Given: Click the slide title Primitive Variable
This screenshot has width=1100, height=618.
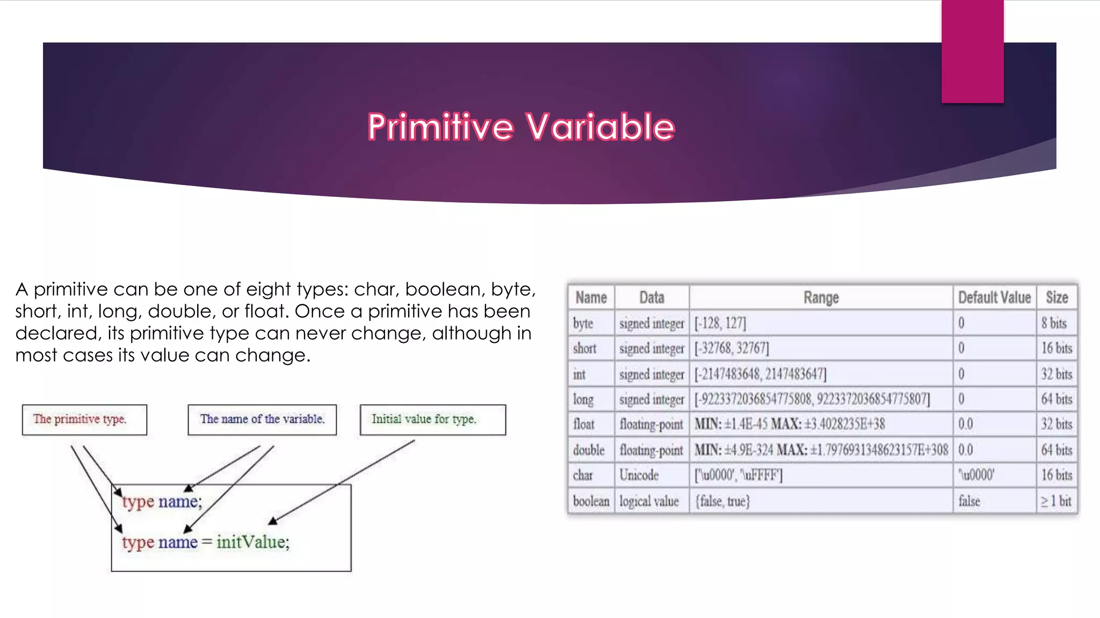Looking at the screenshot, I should click(x=521, y=127).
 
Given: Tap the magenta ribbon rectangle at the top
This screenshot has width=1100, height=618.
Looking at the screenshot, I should click(x=972, y=51).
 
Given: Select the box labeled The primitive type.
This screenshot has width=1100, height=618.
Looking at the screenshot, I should click(x=84, y=420).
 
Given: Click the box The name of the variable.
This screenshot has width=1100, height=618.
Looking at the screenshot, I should click(x=262, y=420).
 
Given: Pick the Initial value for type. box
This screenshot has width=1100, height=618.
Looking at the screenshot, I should click(x=432, y=420).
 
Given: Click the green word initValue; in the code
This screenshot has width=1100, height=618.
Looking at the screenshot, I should click(x=253, y=542).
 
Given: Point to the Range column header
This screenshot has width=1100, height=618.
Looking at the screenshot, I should click(x=821, y=297).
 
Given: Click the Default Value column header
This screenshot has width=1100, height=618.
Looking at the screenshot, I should click(x=994, y=297).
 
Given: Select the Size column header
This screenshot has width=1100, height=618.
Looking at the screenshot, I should click(x=1056, y=297).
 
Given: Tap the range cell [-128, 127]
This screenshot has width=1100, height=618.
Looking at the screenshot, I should click(x=720, y=323).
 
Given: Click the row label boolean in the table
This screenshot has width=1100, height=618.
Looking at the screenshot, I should click(x=591, y=501).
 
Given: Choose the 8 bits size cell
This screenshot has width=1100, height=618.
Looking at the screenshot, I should click(x=1054, y=323).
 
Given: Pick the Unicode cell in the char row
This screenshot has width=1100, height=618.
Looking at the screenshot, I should click(x=639, y=475).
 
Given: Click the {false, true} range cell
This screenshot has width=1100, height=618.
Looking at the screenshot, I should click(x=722, y=501).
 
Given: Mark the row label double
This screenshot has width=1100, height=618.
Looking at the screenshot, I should click(x=589, y=450).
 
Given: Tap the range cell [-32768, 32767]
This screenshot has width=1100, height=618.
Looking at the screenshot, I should click(x=732, y=348).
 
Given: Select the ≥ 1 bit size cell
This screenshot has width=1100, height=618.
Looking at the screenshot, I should click(x=1055, y=501).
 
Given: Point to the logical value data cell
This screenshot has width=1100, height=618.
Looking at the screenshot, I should click(x=649, y=501).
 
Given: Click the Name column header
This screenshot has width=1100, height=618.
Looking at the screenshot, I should click(x=591, y=297).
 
